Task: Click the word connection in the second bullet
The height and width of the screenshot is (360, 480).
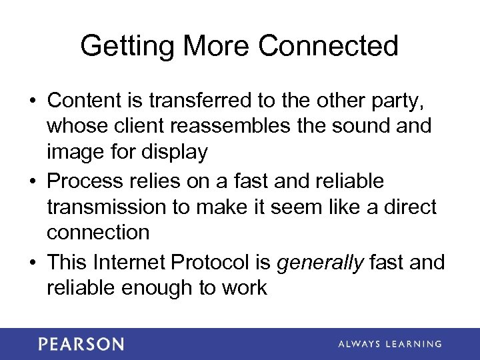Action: (98, 233)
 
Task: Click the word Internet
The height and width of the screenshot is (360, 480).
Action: (130, 262)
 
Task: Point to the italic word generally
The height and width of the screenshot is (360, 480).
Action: (320, 263)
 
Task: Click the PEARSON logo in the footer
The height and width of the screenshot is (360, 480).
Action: (81, 344)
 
